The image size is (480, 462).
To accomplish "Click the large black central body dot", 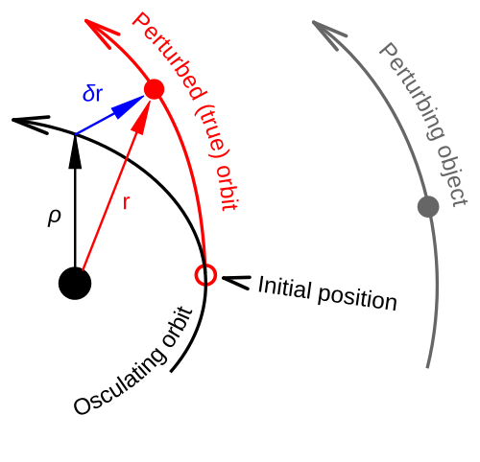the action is (x=75, y=284).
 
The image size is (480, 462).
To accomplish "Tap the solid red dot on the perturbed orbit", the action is (x=155, y=89).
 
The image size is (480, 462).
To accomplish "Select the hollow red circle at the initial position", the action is (x=205, y=275).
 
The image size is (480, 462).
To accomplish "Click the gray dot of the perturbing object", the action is (x=428, y=207).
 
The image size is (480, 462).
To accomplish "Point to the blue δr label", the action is (x=93, y=94).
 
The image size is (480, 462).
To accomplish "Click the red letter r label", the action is (x=127, y=202).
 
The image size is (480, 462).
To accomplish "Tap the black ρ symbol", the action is (x=55, y=218).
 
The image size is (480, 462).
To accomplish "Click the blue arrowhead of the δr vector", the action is (x=128, y=107).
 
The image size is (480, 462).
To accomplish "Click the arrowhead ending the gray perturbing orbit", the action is (x=329, y=35).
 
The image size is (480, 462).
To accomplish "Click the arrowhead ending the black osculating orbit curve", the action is (x=31, y=124).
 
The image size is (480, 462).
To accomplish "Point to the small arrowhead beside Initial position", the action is (x=236, y=283).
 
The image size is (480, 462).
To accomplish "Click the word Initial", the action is (x=284, y=288).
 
